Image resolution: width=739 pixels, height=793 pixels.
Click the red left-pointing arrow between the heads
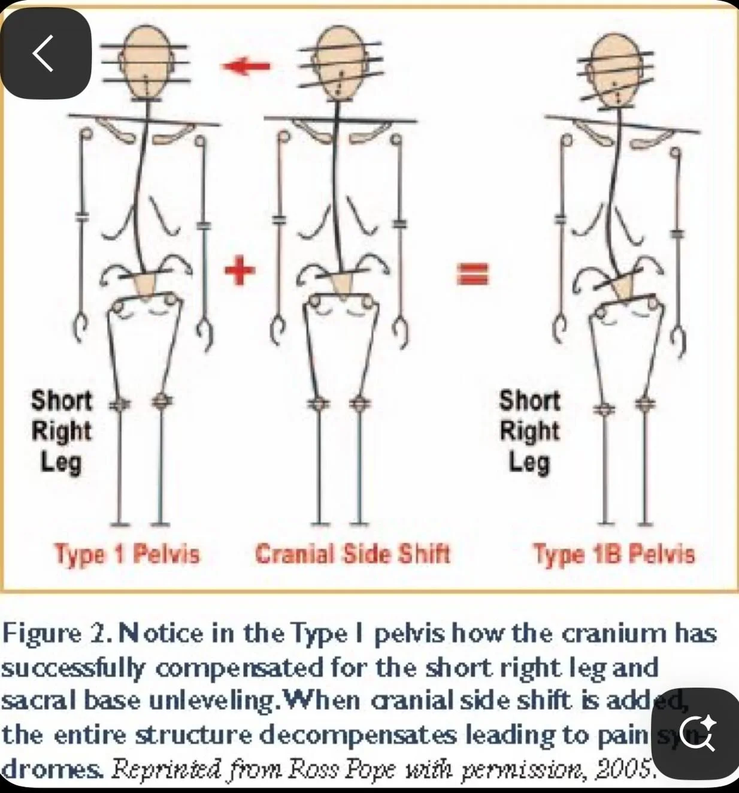(x=246, y=66)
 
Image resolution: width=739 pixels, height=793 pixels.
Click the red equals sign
(x=473, y=275)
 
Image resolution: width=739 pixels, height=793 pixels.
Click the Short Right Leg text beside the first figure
(x=61, y=430)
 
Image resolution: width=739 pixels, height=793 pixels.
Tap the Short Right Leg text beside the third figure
(x=529, y=430)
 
